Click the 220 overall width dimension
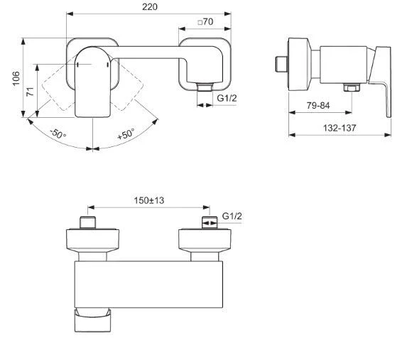coord(148,7)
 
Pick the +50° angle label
coord(126,133)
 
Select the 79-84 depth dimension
coord(316,105)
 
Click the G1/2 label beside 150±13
coord(233,216)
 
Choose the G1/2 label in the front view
coord(227,99)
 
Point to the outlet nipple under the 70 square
coord(205,87)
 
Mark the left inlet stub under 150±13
coord(87,223)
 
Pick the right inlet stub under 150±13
coord(207,223)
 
